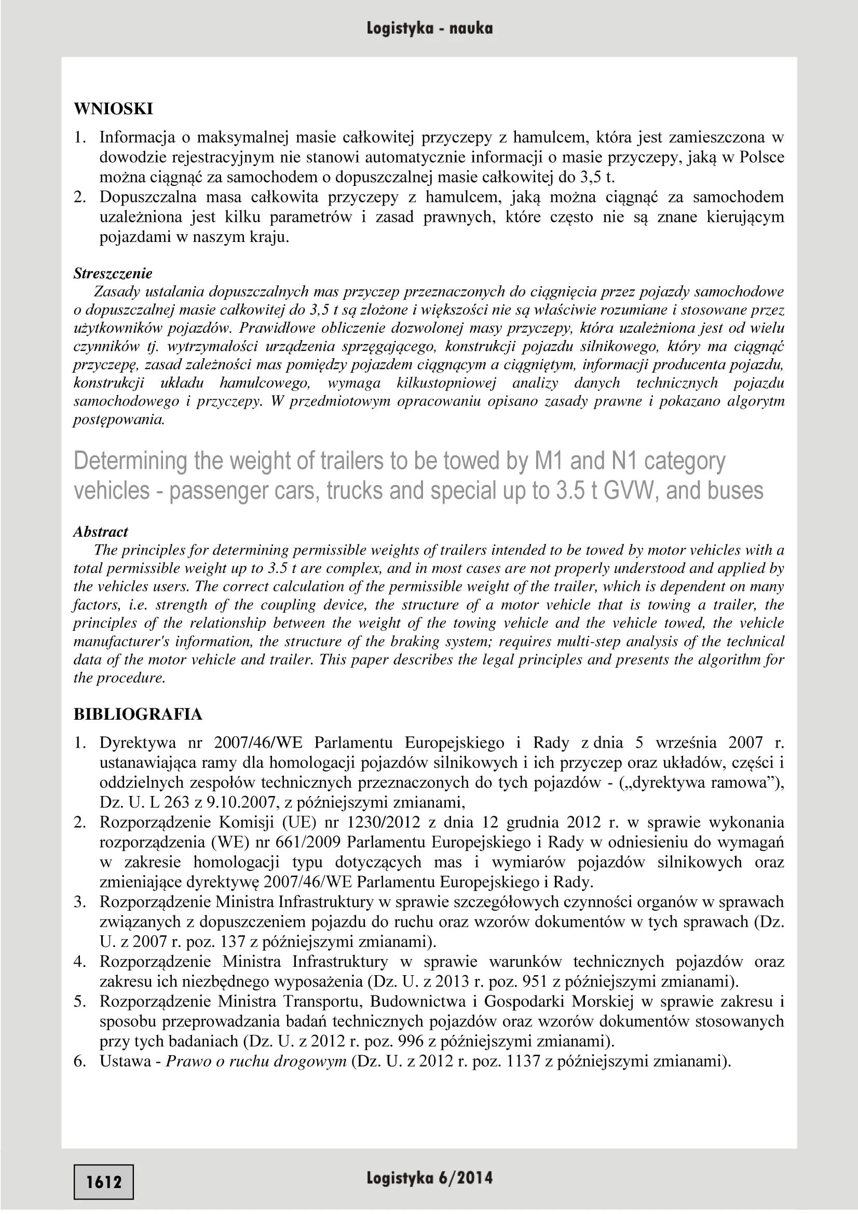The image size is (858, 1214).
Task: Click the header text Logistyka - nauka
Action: [x=429, y=28]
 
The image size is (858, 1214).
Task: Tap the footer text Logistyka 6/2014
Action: [x=429, y=1178]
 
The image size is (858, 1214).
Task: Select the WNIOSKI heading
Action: [x=113, y=109]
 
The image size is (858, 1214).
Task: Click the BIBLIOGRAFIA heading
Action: [x=138, y=714]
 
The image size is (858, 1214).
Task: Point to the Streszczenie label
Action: [x=113, y=273]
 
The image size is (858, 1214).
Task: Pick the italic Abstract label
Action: [x=101, y=532]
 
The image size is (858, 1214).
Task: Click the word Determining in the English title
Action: [x=130, y=461]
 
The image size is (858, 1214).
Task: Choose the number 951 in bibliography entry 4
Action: [x=535, y=982]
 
